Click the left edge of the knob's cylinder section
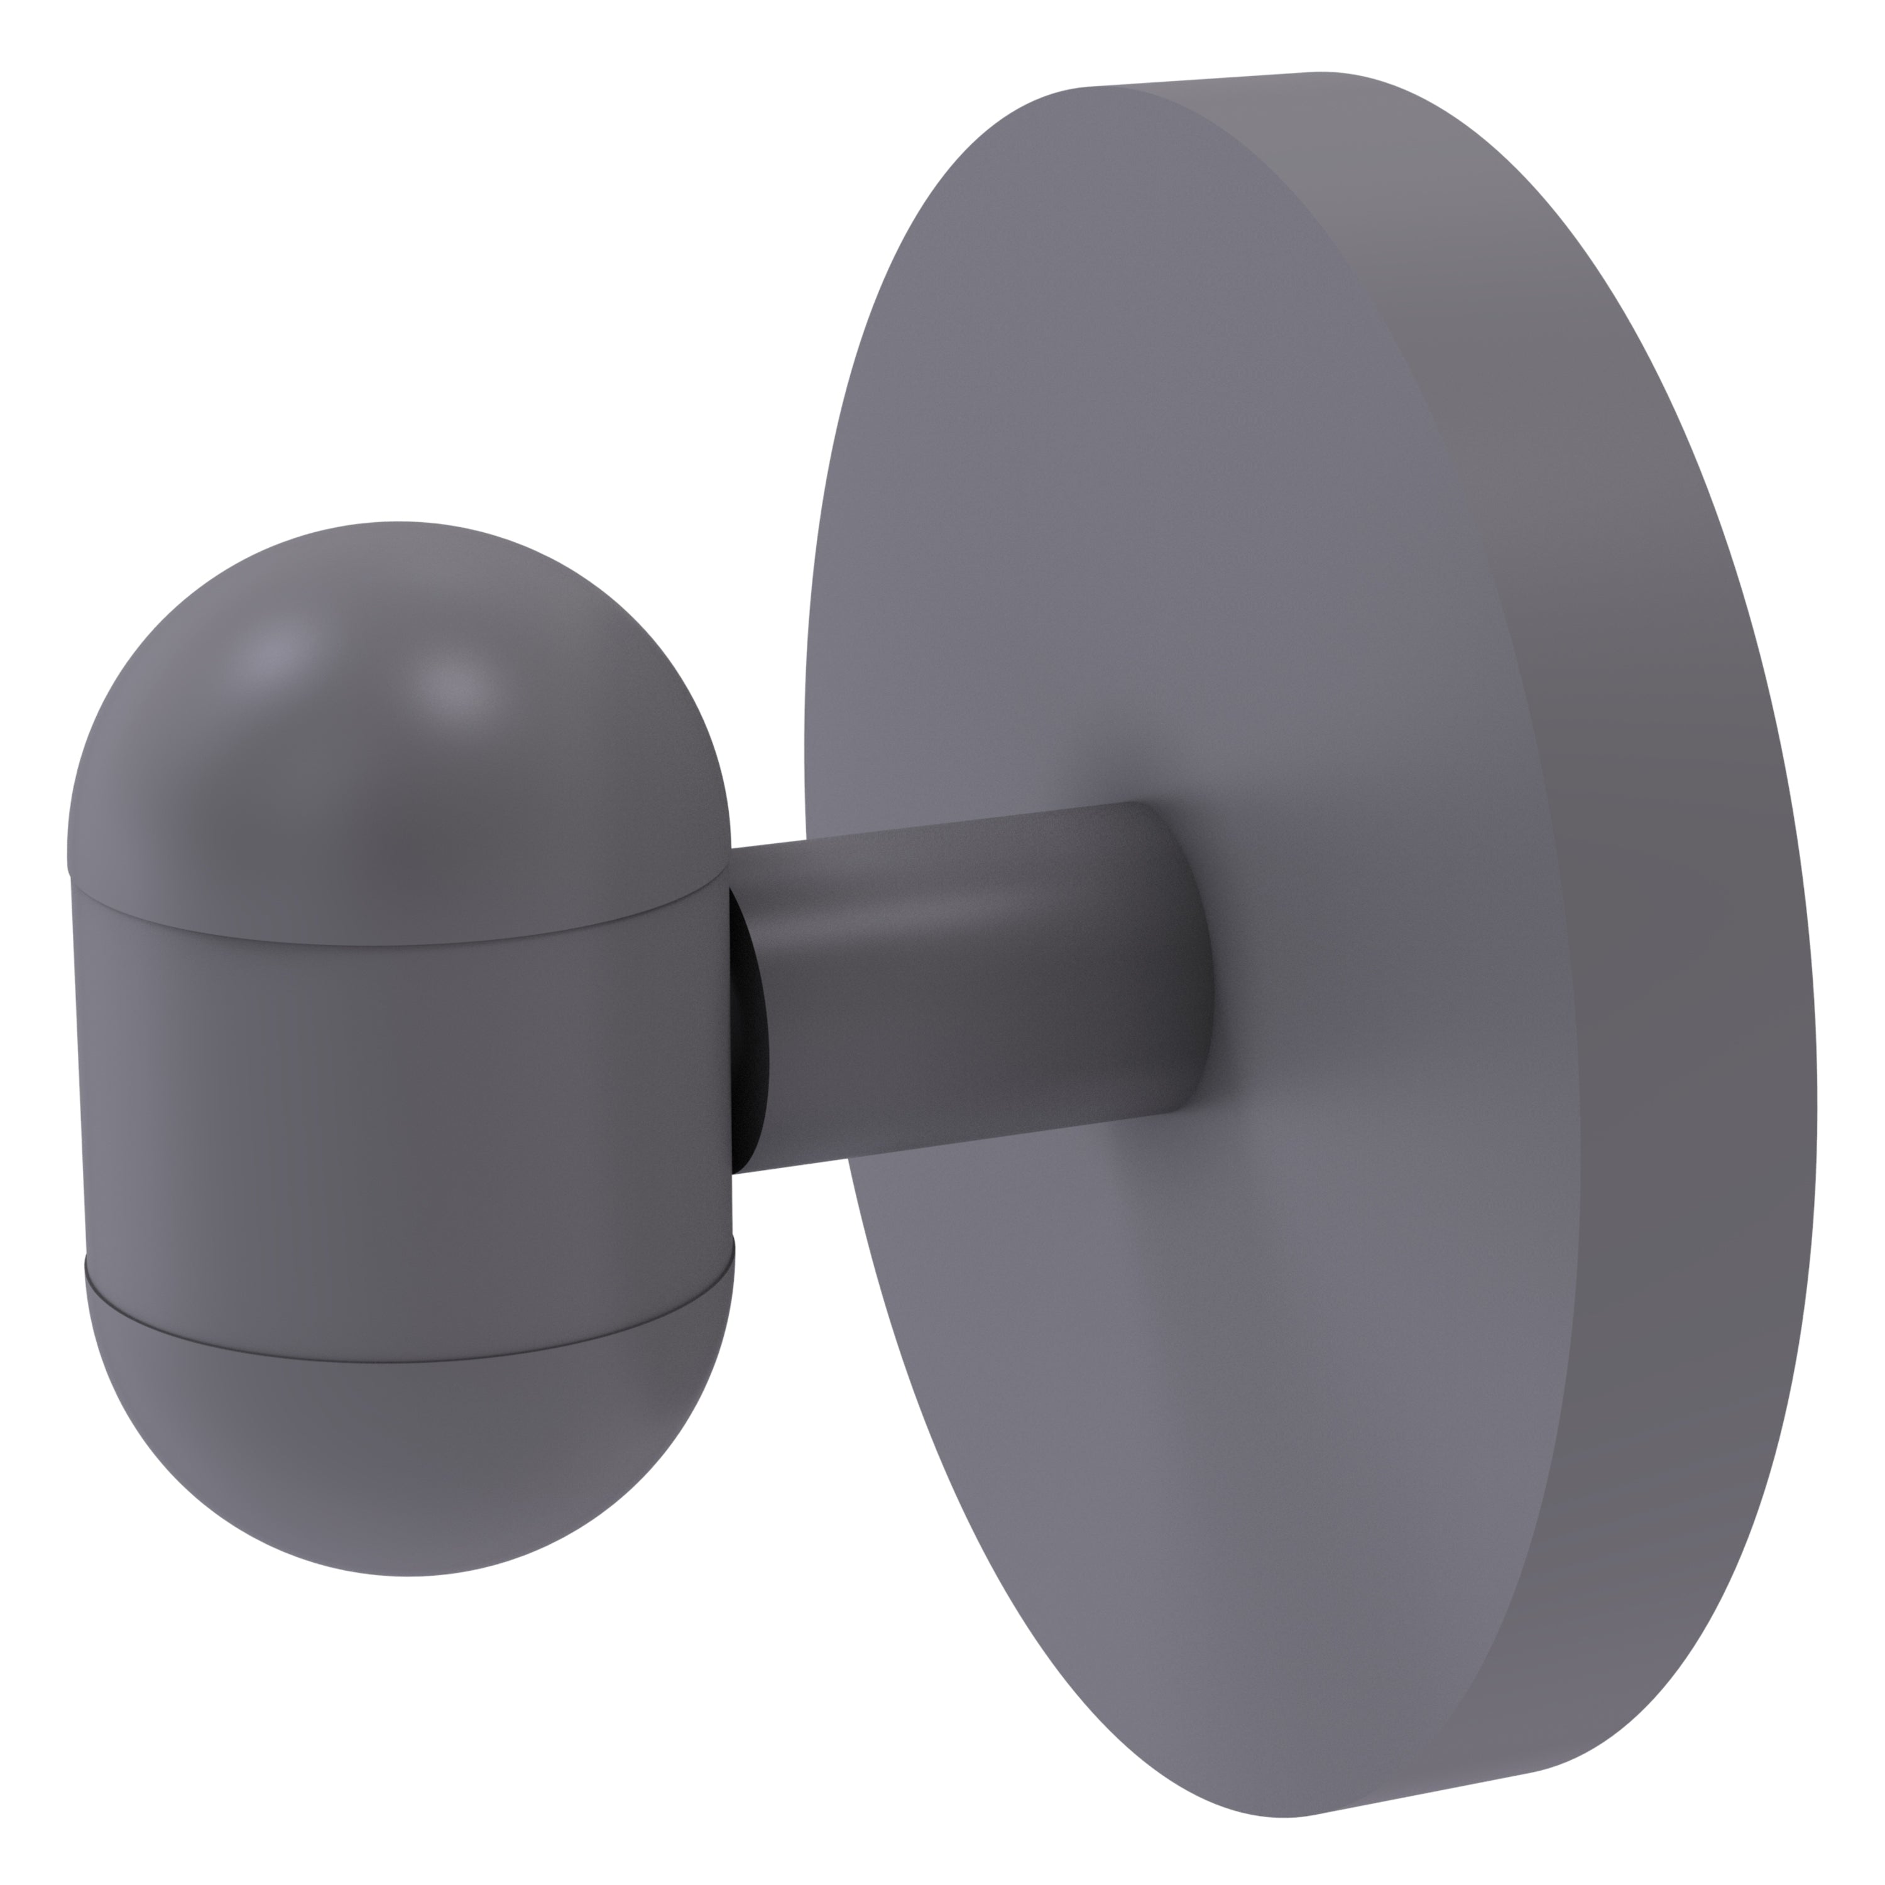tap(78, 1073)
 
